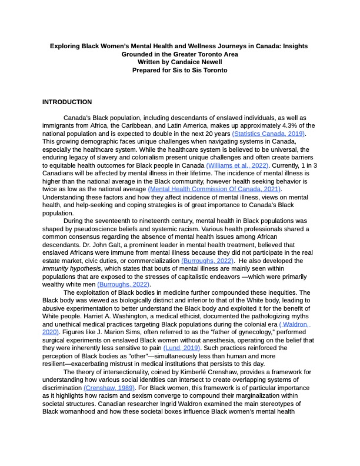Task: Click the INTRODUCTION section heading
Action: [67, 102]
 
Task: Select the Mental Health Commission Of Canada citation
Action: [214, 189]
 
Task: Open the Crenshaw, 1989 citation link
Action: [109, 388]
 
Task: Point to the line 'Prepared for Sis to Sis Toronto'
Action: [180, 70]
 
